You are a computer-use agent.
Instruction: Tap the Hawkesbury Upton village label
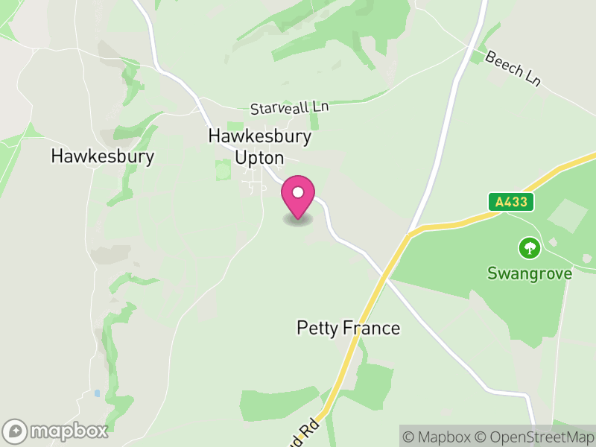click(259, 147)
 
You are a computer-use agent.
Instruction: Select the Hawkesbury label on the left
click(103, 156)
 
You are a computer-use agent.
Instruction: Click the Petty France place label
click(348, 328)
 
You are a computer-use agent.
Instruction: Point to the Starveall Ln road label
click(289, 108)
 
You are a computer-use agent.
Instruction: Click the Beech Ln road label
click(512, 69)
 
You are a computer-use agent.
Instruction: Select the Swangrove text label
click(529, 273)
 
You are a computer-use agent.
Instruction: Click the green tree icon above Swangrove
click(529, 247)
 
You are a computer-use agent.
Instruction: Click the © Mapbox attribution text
click(437, 437)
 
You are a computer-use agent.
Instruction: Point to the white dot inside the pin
click(298, 192)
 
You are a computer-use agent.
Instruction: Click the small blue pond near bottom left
click(97, 393)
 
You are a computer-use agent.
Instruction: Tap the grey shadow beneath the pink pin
click(298, 220)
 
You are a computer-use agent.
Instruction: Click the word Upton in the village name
click(259, 158)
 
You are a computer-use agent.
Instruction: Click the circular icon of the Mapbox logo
click(15, 431)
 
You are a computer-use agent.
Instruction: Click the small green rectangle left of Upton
click(223, 170)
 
